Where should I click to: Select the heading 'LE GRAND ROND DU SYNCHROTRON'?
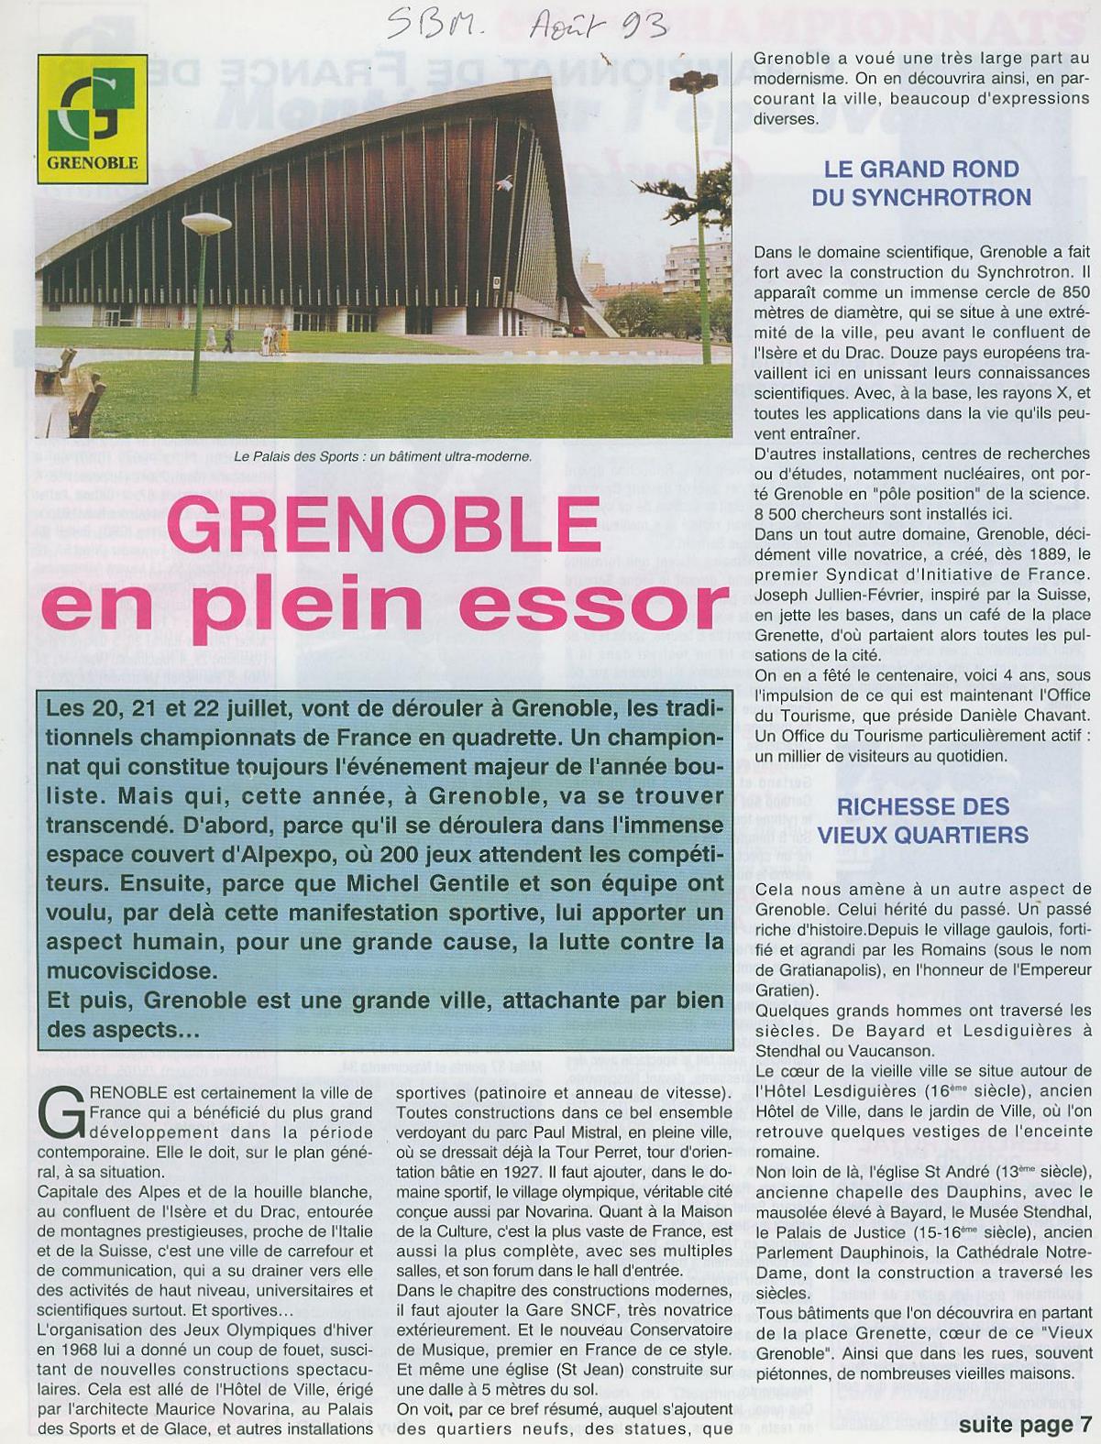921,183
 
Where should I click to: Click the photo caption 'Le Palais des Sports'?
383,456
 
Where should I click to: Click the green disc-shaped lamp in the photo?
206,223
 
